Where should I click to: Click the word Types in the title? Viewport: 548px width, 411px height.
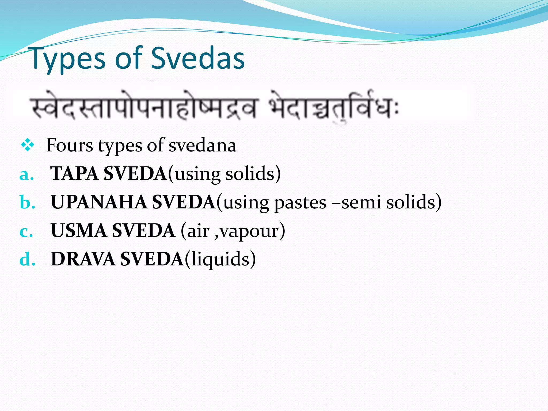[x=68, y=59]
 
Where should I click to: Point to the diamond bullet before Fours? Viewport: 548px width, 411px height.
[x=28, y=146]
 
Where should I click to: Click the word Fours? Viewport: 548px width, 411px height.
[x=70, y=145]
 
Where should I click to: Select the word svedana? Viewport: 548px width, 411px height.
[x=203, y=145]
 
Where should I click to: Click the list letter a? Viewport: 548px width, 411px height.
[x=26, y=174]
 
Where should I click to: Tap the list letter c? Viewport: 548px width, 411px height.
[x=26, y=231]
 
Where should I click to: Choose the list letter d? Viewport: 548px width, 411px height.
[x=27, y=260]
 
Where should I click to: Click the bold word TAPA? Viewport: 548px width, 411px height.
[x=75, y=174]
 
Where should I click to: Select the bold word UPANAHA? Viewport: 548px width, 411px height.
[x=99, y=202]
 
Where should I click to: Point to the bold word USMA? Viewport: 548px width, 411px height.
[x=79, y=231]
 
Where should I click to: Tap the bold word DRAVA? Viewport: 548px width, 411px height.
[x=83, y=259]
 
